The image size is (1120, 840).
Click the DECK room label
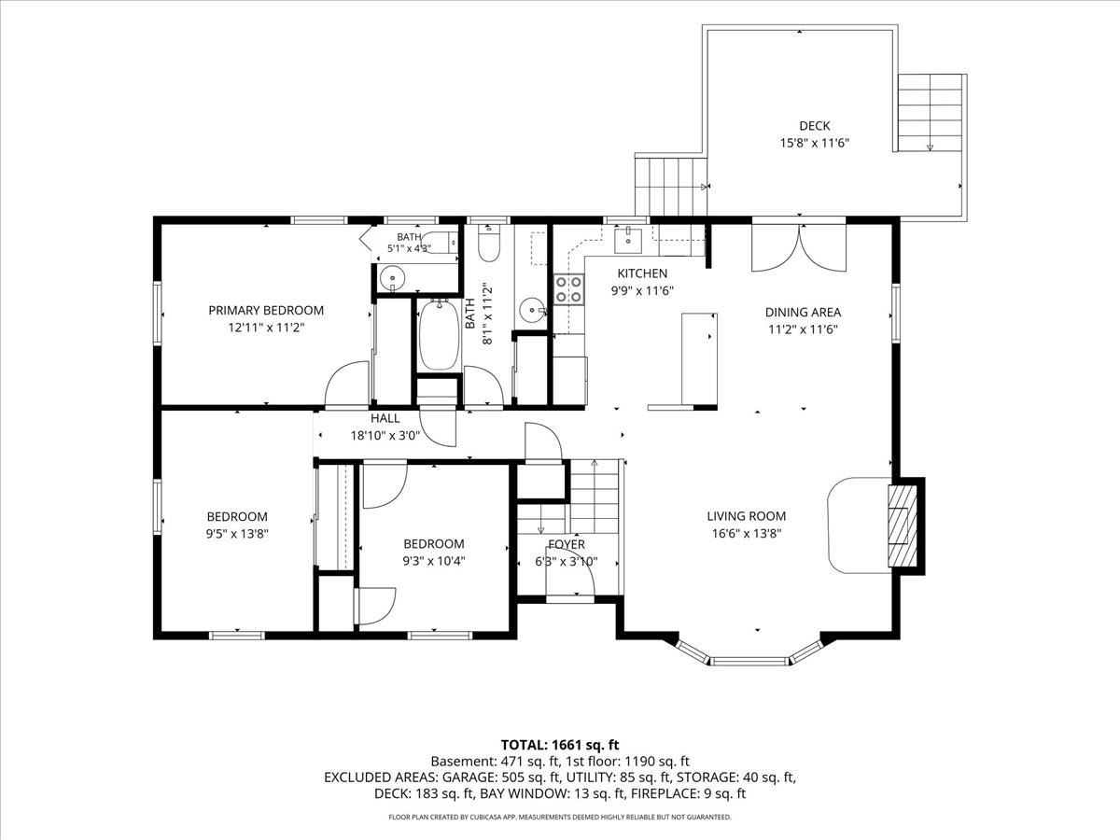pyautogui.click(x=815, y=125)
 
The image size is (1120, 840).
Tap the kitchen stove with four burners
pyautogui.click(x=569, y=289)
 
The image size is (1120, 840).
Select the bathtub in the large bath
pyautogui.click(x=439, y=334)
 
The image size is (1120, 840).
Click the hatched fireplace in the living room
pyautogui.click(x=903, y=526)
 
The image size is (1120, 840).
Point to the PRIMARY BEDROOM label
pyautogui.click(x=266, y=310)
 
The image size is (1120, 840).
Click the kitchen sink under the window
pyautogui.click(x=628, y=240)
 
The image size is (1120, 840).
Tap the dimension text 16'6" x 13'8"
pyautogui.click(x=747, y=534)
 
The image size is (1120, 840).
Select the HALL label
pyautogui.click(x=385, y=418)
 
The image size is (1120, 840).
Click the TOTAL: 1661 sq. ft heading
pyautogui.click(x=560, y=745)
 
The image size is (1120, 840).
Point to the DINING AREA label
pyautogui.click(x=804, y=312)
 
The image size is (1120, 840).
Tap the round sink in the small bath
pyautogui.click(x=392, y=278)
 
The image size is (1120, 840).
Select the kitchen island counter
pyautogui.click(x=699, y=358)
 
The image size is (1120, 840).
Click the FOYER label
pyautogui.click(x=567, y=545)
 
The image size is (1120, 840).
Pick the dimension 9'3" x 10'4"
pyautogui.click(x=434, y=561)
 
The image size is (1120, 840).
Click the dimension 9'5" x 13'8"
pyautogui.click(x=237, y=534)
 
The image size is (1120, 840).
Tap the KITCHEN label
pyautogui.click(x=642, y=273)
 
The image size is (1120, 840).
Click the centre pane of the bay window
pyautogui.click(x=749, y=662)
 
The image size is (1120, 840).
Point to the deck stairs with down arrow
pyautogui.click(x=930, y=113)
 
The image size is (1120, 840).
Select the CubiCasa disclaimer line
pyautogui.click(x=560, y=817)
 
